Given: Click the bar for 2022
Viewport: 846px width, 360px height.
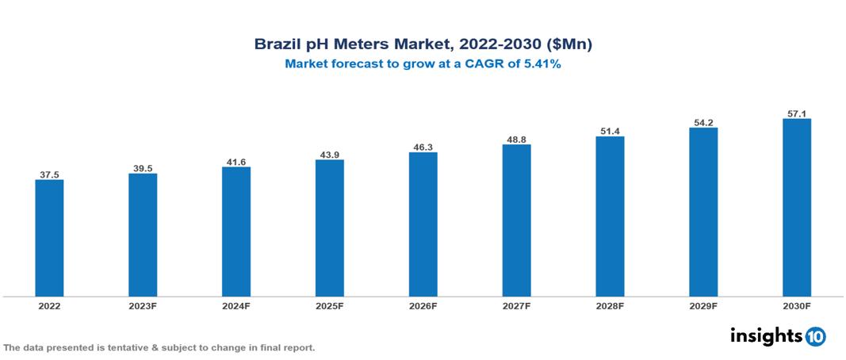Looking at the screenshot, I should (x=49, y=238).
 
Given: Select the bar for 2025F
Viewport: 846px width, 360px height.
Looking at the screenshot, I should (x=329, y=228).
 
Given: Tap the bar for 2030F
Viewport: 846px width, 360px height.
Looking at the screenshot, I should (x=796, y=208).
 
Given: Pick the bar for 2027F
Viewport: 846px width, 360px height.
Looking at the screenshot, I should (x=516, y=220).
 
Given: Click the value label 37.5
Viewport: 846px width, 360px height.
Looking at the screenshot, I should (x=49, y=174).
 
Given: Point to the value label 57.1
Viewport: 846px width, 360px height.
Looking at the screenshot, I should (x=796, y=113).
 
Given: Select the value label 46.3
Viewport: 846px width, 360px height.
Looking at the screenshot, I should (x=423, y=147).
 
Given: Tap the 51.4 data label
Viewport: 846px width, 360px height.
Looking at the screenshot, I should (x=610, y=131).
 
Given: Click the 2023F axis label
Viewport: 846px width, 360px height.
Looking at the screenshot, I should (x=143, y=305).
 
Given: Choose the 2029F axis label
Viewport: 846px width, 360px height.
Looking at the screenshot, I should (x=703, y=305).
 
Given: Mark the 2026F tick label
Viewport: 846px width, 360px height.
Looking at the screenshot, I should (x=423, y=305).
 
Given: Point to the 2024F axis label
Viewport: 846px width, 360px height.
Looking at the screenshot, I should (x=236, y=305).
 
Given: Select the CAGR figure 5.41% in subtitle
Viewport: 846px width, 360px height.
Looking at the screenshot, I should (x=539, y=65).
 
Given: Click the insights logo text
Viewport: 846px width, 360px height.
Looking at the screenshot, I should (x=766, y=335).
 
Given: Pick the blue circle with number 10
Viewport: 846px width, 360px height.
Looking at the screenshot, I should (x=815, y=336).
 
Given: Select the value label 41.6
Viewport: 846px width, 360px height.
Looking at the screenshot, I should (x=236, y=162).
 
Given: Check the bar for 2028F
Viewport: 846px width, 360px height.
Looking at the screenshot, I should (x=610, y=216).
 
